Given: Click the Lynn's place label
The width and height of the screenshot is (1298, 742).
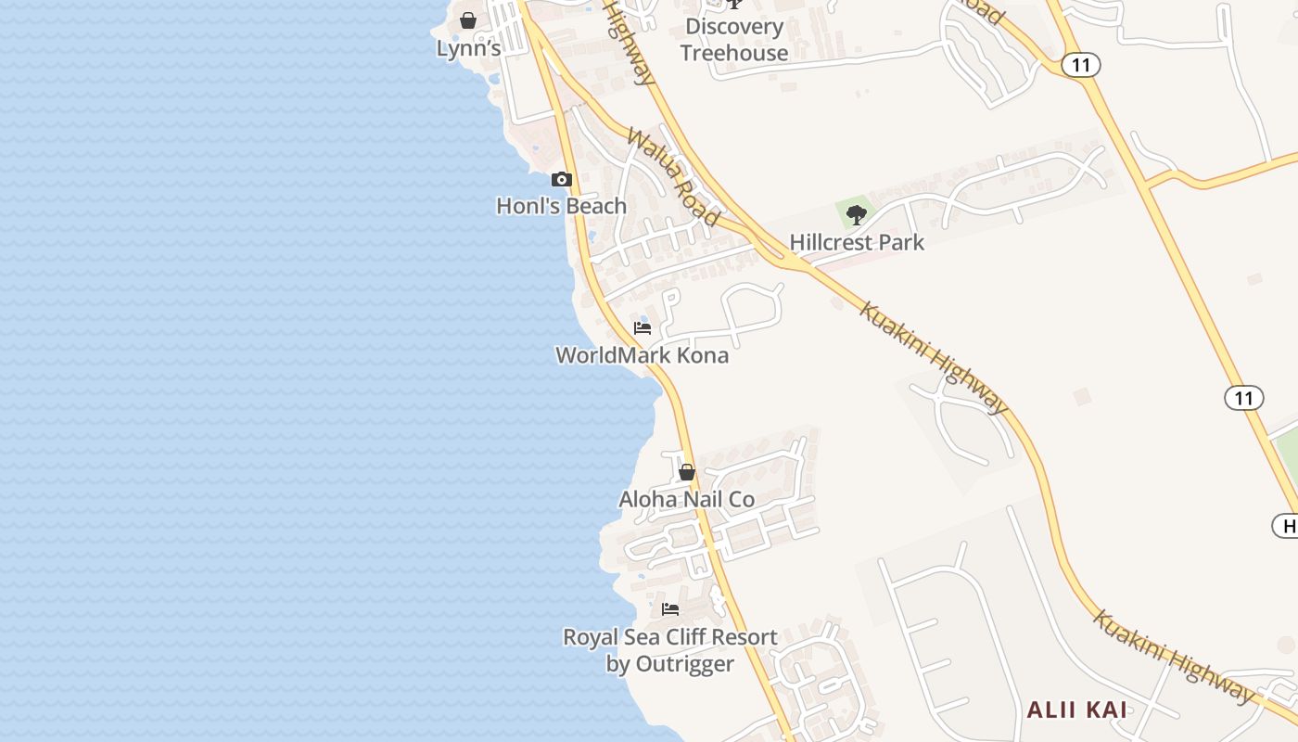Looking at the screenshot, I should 468,48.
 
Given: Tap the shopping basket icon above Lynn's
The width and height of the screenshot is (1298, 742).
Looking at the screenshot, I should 468,20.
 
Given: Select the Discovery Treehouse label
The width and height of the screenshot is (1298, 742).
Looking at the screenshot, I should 733,40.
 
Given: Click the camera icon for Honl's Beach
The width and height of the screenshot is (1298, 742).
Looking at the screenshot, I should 561,179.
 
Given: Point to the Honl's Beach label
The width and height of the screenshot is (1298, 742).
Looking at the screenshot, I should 561,206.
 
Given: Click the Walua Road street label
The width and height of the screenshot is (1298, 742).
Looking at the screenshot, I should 672,177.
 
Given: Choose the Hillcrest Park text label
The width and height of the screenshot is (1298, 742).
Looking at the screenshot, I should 857,243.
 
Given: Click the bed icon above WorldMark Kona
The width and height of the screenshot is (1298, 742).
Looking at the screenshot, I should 643,328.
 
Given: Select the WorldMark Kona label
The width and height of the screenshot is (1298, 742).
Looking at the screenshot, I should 642,355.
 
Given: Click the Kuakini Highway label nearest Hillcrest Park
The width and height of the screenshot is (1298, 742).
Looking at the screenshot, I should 933,357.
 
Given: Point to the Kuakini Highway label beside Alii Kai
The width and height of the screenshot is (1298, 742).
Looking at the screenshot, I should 1172,656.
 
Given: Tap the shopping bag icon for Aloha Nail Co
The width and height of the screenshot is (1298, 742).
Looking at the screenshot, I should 687,472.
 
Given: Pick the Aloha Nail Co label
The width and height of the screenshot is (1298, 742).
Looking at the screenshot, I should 687,500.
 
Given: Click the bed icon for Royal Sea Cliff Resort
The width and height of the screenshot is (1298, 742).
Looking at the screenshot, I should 670,609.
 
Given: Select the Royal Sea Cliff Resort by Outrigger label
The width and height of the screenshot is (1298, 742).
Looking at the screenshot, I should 670,650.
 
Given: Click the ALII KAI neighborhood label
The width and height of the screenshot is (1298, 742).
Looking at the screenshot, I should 1076,710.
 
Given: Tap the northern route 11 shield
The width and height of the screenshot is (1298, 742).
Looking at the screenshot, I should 1081,65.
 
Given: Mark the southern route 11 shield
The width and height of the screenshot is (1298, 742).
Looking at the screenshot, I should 1243,399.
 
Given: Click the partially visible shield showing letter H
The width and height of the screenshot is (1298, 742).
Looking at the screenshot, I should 1287,527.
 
